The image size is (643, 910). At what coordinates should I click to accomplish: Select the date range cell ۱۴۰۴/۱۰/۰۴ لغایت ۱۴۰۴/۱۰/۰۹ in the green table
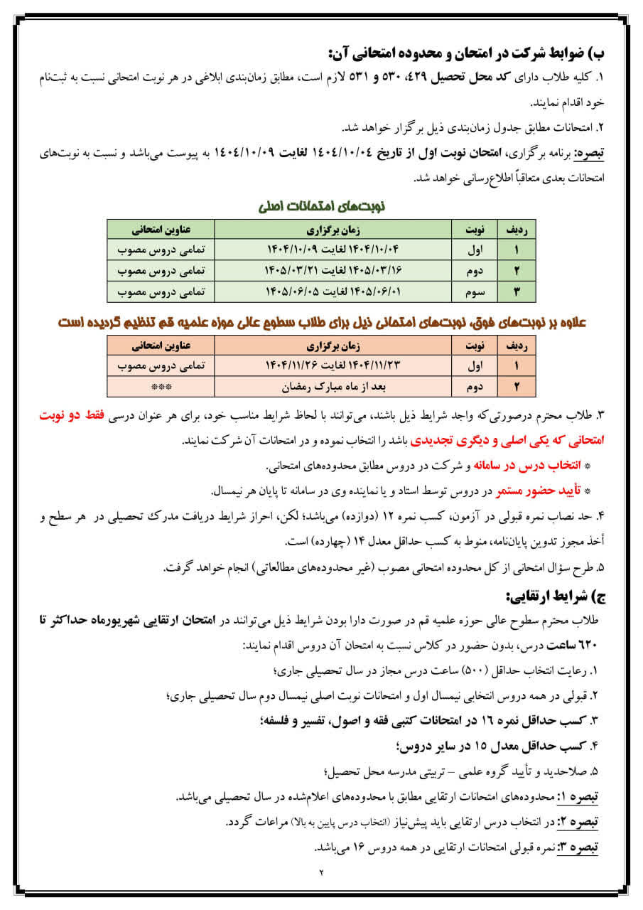(334, 250)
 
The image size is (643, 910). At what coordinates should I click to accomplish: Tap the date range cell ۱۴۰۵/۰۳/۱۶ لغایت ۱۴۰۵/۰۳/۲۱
(334, 271)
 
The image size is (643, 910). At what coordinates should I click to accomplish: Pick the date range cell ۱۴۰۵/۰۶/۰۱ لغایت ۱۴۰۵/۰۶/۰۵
(334, 291)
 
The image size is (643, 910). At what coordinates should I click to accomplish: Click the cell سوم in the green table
(475, 291)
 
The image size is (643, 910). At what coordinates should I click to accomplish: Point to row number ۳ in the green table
(517, 291)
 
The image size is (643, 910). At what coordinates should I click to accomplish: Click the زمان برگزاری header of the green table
(334, 230)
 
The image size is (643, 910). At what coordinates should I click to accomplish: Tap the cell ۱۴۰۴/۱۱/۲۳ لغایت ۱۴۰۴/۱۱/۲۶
(334, 367)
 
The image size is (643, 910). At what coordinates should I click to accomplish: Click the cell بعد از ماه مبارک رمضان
(334, 387)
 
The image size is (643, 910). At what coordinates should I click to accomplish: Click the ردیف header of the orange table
(517, 347)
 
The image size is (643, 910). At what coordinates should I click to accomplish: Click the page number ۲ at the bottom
(320, 874)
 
